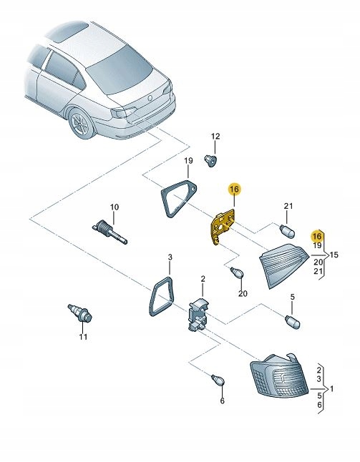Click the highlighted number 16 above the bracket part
(234, 189)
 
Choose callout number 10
(112, 207)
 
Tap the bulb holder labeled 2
(198, 315)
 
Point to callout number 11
(82, 337)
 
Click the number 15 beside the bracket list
(334, 254)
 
